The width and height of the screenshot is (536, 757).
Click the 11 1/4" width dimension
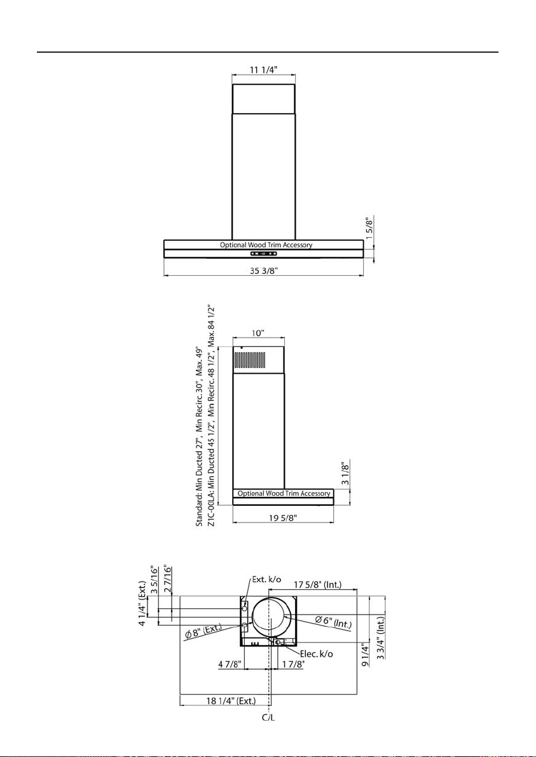coord(263,69)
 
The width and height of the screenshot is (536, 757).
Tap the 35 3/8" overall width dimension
coord(264,270)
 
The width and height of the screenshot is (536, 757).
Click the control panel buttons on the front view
coord(263,254)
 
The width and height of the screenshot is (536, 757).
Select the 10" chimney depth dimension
coord(258,333)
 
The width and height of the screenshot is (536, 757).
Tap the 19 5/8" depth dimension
coord(282,518)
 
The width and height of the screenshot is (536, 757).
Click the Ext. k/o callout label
coord(266,580)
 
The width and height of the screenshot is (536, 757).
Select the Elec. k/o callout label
coord(316,654)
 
